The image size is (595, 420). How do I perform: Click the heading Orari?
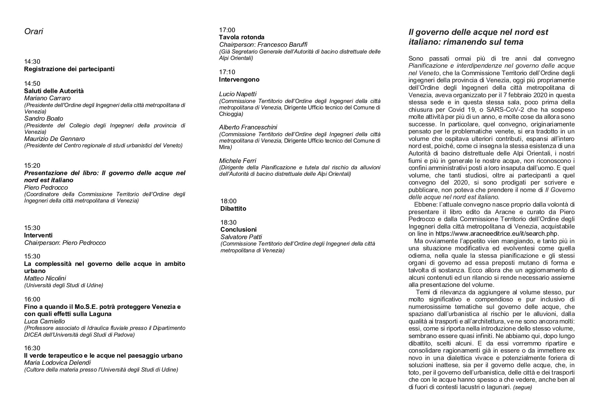34,31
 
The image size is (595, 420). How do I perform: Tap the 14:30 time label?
32,62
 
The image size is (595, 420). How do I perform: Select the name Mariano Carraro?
47,98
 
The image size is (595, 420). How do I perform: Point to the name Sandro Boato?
43,119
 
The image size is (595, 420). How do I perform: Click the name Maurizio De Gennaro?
54,139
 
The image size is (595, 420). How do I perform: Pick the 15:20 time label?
32,166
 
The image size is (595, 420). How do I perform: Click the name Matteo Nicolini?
45,278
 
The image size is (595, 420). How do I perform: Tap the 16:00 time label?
32,299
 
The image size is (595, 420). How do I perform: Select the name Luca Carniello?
44,321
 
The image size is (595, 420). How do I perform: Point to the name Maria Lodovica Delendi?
57,363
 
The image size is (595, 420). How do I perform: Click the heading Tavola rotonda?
241,37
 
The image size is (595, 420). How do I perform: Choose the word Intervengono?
239,80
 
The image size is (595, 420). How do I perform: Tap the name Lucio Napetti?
238,94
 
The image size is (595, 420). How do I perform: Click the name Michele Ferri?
237,161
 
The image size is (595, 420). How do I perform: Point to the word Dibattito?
233,209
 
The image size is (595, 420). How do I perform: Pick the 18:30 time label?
228,223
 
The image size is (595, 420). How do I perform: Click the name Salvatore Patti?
241,237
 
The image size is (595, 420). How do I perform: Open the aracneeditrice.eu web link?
496,234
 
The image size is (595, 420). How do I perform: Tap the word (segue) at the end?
522,387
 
